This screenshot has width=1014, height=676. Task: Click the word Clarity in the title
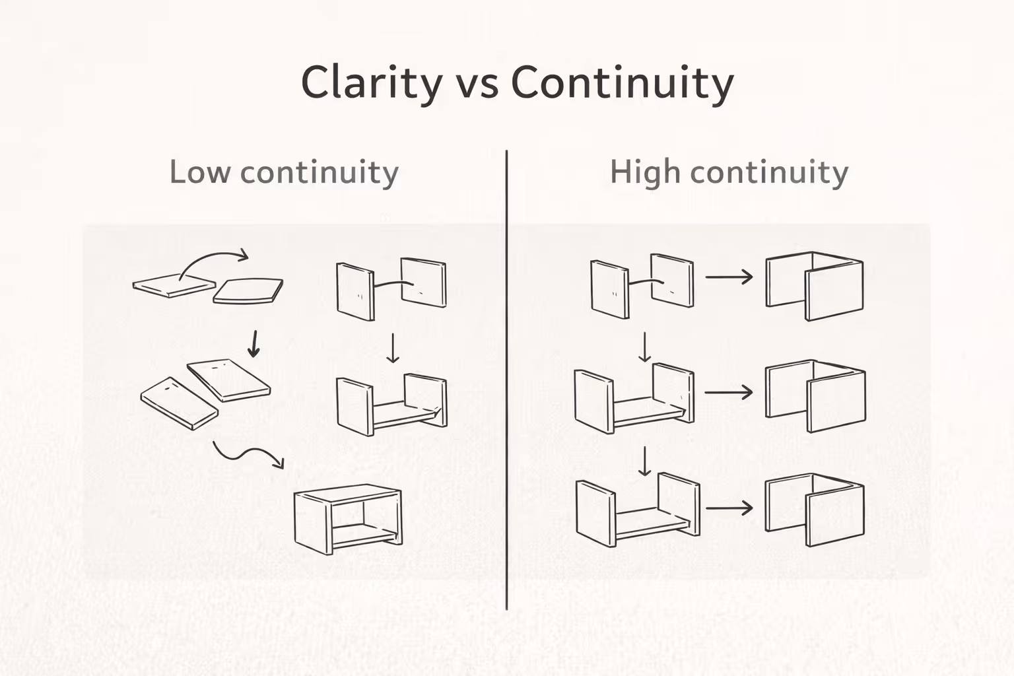pyautogui.click(x=372, y=83)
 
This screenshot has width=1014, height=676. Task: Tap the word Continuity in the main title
pyautogui.click(x=622, y=83)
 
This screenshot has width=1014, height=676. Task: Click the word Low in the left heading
pyautogui.click(x=199, y=172)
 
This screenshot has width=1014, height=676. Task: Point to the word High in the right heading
pyautogui.click(x=644, y=172)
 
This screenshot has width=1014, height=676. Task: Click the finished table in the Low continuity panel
pyautogui.click(x=348, y=519)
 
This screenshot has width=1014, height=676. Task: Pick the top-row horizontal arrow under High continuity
pyautogui.click(x=729, y=277)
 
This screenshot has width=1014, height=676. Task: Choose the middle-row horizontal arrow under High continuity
pyautogui.click(x=729, y=392)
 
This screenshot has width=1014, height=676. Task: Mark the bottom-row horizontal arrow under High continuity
pyautogui.click(x=729, y=508)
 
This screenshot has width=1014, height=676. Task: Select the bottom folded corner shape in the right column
pyautogui.click(x=815, y=509)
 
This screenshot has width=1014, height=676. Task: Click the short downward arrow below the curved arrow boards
pyautogui.click(x=253, y=344)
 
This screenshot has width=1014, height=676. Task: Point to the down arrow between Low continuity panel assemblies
pyautogui.click(x=393, y=348)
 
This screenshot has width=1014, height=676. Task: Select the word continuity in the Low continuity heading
pyautogui.click(x=319, y=172)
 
